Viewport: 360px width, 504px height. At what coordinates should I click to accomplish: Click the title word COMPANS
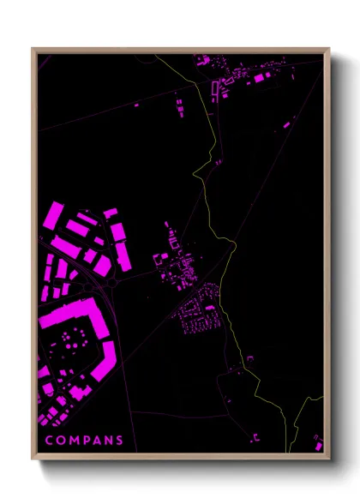pos(84,441)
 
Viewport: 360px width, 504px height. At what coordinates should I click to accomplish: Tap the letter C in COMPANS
pos(49,441)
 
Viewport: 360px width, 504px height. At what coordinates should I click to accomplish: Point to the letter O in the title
pos(60,441)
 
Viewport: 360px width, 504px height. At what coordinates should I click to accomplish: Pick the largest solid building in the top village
pos(259,78)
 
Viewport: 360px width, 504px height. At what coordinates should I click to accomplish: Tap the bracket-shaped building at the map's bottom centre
pos(255,438)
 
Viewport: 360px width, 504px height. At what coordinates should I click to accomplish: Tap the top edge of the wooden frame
pos(180,50)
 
